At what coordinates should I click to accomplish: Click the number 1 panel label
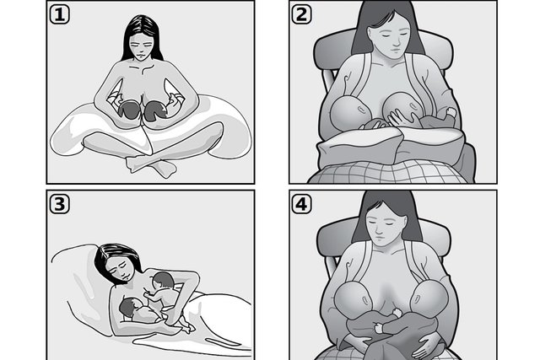point(60,15)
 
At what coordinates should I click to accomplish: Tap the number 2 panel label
point(302,15)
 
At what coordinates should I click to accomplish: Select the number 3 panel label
point(60,204)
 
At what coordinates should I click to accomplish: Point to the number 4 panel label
point(302,204)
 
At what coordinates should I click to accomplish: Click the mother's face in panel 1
point(142,46)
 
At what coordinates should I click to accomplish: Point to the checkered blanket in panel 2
point(387,172)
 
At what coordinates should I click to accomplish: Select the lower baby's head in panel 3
point(127,307)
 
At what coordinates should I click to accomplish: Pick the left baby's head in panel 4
point(354,298)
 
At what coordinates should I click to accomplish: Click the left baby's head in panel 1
point(128,110)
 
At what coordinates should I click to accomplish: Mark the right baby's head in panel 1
point(155,110)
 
